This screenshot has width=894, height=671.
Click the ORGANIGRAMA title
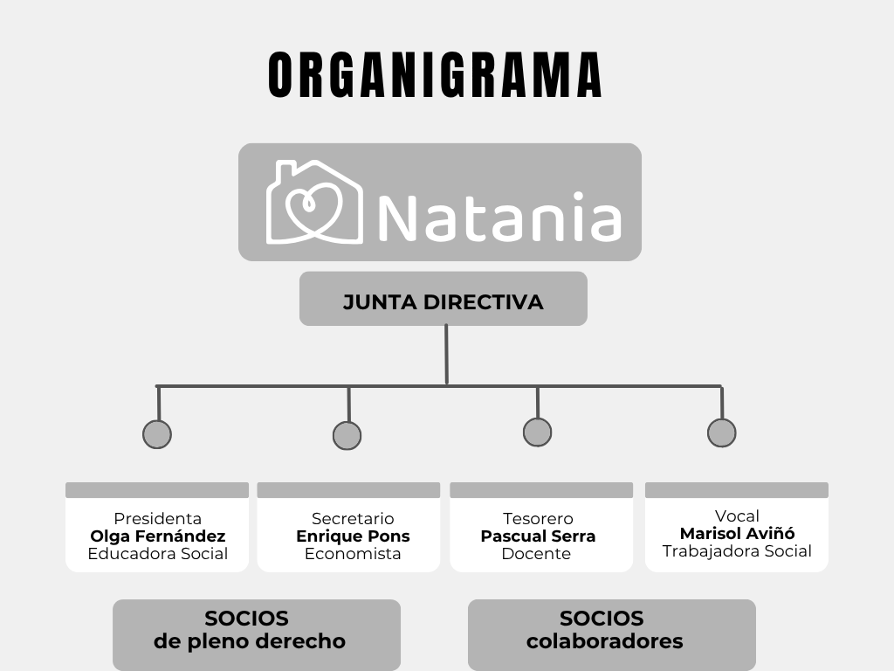click(x=435, y=75)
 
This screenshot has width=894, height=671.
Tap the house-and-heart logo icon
click(x=314, y=202)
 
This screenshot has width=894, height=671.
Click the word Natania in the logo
click(x=499, y=216)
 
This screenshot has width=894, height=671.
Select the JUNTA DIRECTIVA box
click(x=443, y=299)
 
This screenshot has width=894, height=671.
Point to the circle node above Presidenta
click(x=157, y=434)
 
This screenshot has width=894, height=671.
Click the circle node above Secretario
click(x=347, y=436)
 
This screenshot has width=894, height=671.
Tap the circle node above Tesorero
click(x=537, y=432)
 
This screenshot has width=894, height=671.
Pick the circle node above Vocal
click(x=721, y=432)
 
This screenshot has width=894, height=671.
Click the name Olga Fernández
click(x=158, y=536)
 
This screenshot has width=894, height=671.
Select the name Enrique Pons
click(x=353, y=536)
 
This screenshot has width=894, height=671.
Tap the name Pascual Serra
click(x=538, y=536)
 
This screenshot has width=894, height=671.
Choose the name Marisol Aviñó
click(x=737, y=534)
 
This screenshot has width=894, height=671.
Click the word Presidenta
click(x=157, y=519)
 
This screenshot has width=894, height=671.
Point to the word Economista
click(x=353, y=553)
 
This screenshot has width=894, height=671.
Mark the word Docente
click(x=536, y=553)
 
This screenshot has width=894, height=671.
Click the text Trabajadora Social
click(x=737, y=551)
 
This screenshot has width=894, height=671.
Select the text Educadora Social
click(x=158, y=553)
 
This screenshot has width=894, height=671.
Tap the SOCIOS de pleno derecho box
click(x=257, y=634)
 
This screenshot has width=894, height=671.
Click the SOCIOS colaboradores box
click(x=612, y=634)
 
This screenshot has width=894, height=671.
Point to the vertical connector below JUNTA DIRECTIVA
click(x=446, y=355)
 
